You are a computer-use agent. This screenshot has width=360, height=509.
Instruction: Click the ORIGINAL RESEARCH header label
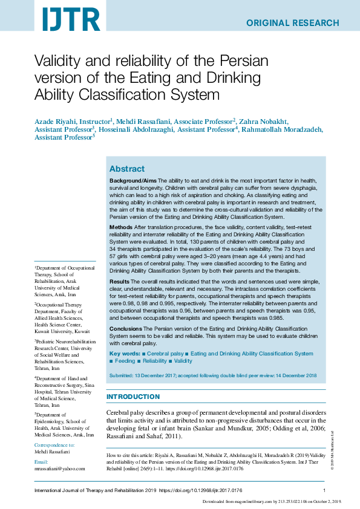(x=292, y=23)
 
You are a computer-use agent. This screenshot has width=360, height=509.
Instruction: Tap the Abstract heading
(x=126, y=169)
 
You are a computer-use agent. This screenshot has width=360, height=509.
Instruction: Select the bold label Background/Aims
(x=133, y=181)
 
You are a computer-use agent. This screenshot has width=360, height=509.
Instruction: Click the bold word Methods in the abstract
(x=121, y=227)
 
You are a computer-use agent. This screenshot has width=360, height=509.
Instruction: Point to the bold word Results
(x=119, y=282)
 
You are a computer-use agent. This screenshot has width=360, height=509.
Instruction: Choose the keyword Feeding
(x=125, y=361)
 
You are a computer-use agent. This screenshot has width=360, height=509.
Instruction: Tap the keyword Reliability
(x=154, y=361)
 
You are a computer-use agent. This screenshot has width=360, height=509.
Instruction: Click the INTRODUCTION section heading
(x=133, y=397)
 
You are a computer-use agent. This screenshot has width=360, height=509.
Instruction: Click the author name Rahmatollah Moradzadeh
(x=282, y=129)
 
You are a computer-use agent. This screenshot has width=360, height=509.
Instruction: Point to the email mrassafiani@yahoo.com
(x=60, y=468)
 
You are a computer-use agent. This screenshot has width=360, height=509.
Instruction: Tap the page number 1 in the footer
(x=325, y=490)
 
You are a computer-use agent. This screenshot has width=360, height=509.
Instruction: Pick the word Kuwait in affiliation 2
(x=44, y=331)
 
